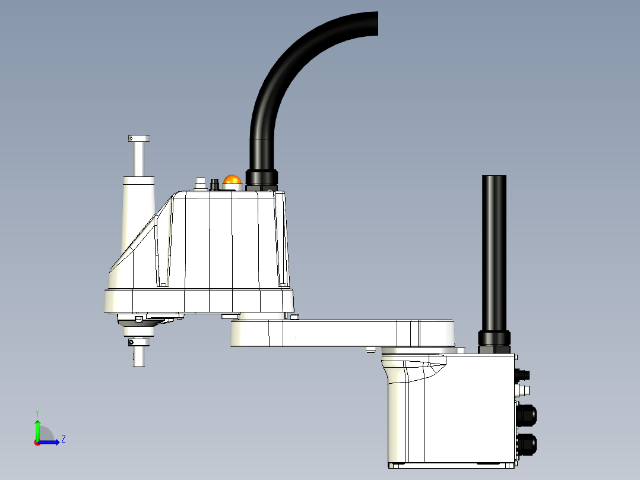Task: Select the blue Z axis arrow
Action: (x=50, y=442)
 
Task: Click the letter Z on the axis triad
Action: (x=63, y=439)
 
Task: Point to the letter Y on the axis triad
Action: (x=37, y=412)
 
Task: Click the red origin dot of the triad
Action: (x=37, y=443)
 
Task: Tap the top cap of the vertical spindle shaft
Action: (x=138, y=139)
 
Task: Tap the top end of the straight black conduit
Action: (x=494, y=178)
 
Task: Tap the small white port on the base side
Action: (x=524, y=390)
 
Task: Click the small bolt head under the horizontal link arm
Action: (x=370, y=350)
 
